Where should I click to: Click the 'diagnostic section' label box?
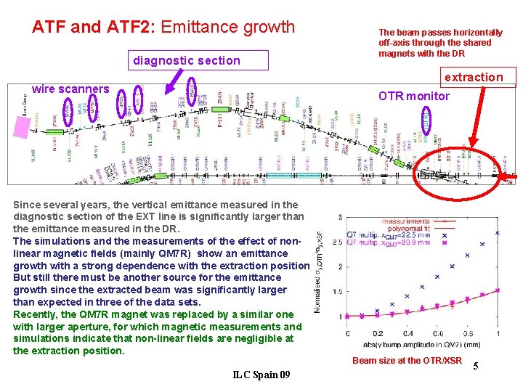187,61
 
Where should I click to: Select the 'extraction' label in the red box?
474,77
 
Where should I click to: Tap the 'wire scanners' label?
70,89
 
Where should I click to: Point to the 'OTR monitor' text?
414,96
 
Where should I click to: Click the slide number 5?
476,367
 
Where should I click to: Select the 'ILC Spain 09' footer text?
261,375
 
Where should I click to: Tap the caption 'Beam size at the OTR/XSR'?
407,361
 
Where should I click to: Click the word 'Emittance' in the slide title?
196,28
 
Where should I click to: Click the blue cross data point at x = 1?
497,233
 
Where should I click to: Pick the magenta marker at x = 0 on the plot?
347,317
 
